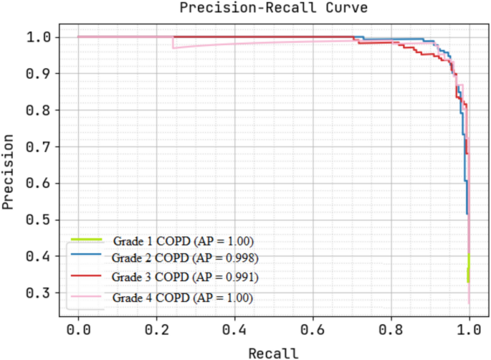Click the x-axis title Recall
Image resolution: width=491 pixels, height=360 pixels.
(273, 353)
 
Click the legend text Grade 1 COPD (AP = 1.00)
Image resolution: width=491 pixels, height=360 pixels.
(183, 240)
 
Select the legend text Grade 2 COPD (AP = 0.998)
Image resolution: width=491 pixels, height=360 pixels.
(185, 257)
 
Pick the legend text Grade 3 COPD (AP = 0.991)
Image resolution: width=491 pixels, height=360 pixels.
(185, 277)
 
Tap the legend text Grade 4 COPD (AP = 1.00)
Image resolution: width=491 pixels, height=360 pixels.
(183, 296)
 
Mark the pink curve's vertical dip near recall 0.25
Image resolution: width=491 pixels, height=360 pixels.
(173, 42)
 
